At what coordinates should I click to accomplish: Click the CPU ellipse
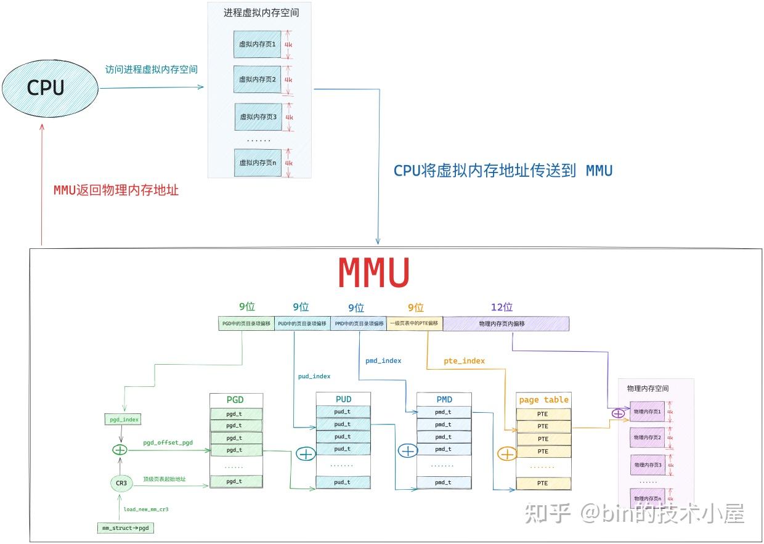pyautogui.click(x=49, y=88)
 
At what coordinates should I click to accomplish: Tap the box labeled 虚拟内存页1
pyautogui.click(x=258, y=44)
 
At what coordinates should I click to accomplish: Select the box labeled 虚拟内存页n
pyautogui.click(x=258, y=163)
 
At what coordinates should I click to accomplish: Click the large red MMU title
pyautogui.click(x=374, y=272)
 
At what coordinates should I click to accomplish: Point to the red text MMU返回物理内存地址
pyautogui.click(x=116, y=190)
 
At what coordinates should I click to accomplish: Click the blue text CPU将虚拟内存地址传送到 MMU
pyautogui.click(x=503, y=171)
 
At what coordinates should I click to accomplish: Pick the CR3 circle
pyautogui.click(x=121, y=483)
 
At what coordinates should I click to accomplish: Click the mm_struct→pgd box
pyautogui.click(x=125, y=527)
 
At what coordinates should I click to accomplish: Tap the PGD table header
pyautogui.click(x=235, y=399)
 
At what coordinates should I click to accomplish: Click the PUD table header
pyautogui.click(x=343, y=399)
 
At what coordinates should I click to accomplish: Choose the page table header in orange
pyautogui.click(x=543, y=399)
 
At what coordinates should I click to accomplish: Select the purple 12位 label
pyautogui.click(x=502, y=307)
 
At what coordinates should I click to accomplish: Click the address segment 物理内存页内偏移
pyautogui.click(x=505, y=323)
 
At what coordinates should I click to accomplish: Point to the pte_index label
pyautogui.click(x=464, y=360)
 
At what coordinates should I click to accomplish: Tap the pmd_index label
pyautogui.click(x=383, y=360)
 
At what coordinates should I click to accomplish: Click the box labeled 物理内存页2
pyautogui.click(x=647, y=437)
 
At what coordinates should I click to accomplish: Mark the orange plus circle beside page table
pyautogui.click(x=506, y=454)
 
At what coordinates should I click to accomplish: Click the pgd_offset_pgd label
pyautogui.click(x=168, y=442)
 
